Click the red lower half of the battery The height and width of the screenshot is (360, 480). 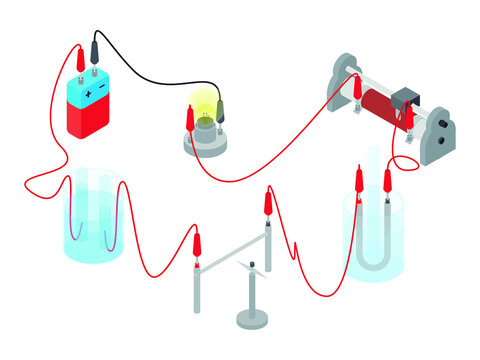tap(90, 121)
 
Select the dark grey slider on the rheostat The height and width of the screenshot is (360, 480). tap(405, 99)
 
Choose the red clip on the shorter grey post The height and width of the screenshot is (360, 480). tap(198, 243)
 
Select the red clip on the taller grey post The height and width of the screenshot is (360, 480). tap(268, 204)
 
